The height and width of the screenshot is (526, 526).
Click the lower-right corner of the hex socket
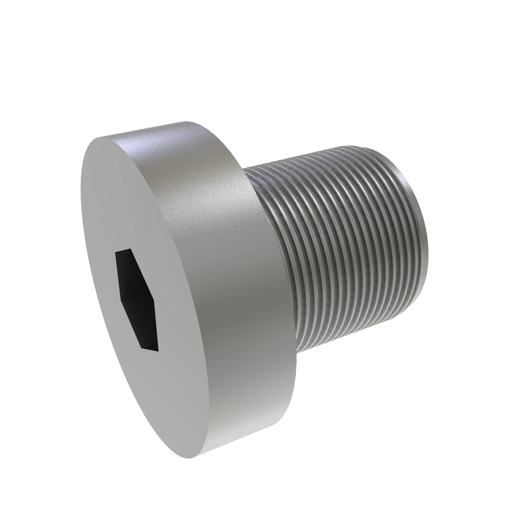pos(158,351)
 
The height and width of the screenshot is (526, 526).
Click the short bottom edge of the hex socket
pos(149,350)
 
